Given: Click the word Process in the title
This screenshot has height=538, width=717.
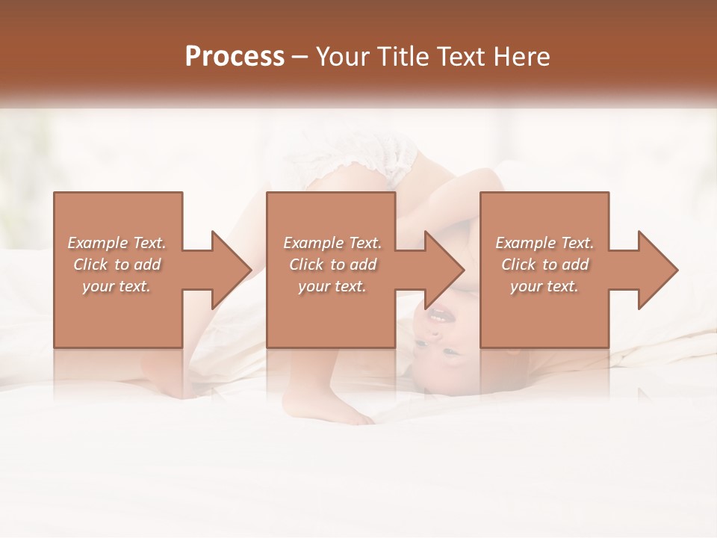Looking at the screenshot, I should pos(235,56).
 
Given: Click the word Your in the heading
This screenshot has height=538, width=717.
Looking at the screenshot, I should pos(343,56).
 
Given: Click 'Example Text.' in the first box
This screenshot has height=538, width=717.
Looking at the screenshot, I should pos(117,243).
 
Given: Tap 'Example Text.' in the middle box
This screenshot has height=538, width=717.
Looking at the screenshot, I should pos(332,243).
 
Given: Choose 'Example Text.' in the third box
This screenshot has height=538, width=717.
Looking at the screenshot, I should pos(544,243).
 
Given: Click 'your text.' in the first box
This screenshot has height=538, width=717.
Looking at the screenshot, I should pos(117,286).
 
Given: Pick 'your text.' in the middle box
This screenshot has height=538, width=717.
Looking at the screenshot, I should pos(332,286).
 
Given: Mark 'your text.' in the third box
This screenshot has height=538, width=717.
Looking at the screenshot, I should pos(544,286).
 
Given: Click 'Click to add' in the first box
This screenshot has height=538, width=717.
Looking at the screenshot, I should pos(117,265).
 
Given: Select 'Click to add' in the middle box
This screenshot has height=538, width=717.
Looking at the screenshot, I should pos(332,265).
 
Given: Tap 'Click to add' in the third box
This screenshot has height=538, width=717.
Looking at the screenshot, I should pos(544,265).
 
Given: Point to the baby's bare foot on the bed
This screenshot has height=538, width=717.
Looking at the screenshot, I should pos(329,408).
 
